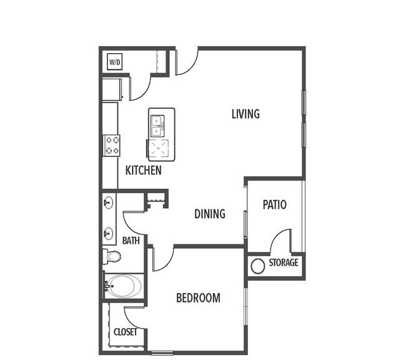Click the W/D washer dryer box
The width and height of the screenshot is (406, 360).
pos(115,62)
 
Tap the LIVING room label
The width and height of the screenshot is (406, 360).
pos(245,114)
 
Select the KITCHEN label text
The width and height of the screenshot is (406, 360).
pos(144,170)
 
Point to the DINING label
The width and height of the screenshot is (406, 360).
pos(210,214)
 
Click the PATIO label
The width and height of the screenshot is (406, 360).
pos(274,204)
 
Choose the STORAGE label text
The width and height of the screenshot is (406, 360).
pos(284,262)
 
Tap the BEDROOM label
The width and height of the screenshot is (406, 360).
pos(199,297)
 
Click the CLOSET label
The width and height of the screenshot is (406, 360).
pos(126,332)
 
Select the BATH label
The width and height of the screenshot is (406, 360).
pos(131,241)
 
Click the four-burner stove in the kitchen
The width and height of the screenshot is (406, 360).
pos(112,146)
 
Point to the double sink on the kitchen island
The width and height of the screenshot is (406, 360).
pos(157,126)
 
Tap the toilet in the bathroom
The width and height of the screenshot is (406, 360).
pos(112,256)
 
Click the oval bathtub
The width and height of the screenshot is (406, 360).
pos(124,286)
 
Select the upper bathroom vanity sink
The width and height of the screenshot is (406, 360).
pos(108,202)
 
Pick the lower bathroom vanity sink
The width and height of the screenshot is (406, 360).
pos(108,234)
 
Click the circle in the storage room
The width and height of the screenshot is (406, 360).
pos(258,266)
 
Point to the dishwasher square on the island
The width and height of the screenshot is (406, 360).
pos(158,148)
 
